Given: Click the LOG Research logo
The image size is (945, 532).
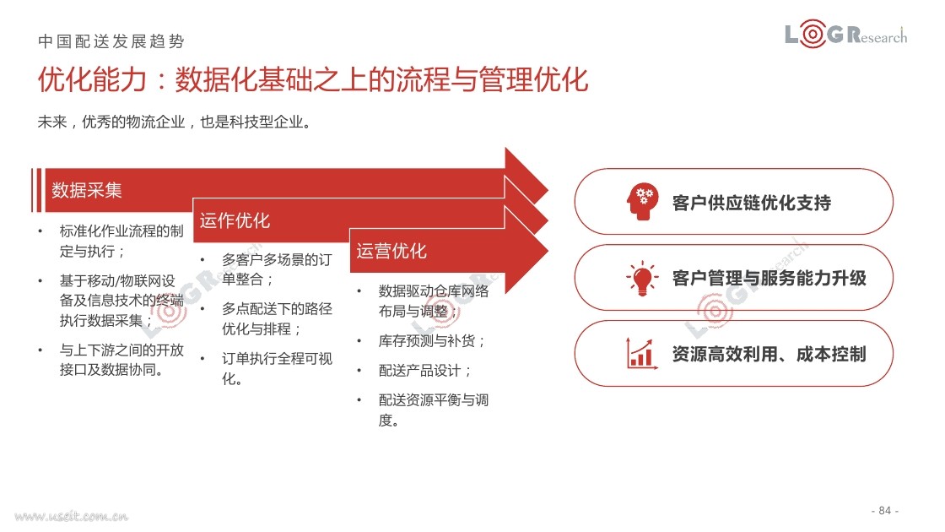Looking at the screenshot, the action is point(845,34).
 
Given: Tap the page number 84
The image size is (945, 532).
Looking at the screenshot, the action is point(885,510).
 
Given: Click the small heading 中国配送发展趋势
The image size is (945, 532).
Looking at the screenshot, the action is point(111,41).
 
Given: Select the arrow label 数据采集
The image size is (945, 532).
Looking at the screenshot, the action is point(87,190).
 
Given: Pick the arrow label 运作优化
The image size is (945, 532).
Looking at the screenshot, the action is point(235,220).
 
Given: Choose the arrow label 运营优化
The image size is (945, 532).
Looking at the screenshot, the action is point(391,250).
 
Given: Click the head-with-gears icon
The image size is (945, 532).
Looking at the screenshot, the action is point(642,201).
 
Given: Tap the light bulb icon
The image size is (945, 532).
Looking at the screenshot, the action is point(642,278).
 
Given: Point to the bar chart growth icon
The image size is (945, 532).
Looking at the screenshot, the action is point(641,354).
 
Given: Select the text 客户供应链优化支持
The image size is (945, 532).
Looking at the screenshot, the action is point(752,203).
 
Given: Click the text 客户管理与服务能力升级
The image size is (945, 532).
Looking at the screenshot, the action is point(769,278).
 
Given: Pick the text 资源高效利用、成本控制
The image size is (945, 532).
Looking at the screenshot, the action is point(769,354).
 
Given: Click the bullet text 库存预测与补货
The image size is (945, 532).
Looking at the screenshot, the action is point(431,341).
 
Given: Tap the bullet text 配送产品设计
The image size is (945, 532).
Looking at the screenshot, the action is point(425,371).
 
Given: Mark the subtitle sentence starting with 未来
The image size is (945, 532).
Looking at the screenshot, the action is point(174,122).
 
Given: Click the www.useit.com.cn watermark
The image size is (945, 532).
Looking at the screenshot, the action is point(71,516).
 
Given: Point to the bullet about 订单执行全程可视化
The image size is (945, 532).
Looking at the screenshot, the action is point(278,368).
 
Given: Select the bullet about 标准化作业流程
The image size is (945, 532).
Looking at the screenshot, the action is point(121,241).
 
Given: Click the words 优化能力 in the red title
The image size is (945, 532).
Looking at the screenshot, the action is point(92,79).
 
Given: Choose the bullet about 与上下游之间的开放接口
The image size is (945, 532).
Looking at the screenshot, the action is point(121,360).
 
